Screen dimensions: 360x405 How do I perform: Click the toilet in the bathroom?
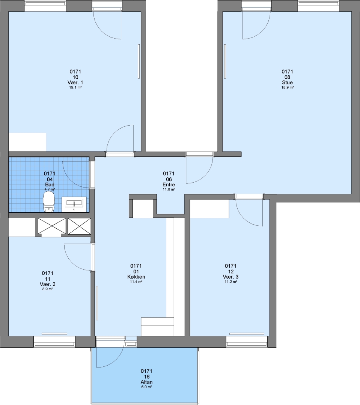(49, 202)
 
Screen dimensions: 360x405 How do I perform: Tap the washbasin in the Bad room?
(74, 204)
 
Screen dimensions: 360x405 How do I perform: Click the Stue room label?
(287, 82)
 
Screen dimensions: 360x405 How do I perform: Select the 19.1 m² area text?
(75, 87)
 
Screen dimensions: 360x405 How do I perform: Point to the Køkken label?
(136, 277)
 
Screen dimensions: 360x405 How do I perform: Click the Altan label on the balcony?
(147, 382)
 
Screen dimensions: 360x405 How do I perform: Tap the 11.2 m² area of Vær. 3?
(231, 282)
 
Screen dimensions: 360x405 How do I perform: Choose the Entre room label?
(169, 184)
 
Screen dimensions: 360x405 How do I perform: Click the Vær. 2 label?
(48, 284)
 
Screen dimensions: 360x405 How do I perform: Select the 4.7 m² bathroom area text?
(50, 189)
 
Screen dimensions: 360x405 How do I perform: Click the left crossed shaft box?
(52, 226)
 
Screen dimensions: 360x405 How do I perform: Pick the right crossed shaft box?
(80, 226)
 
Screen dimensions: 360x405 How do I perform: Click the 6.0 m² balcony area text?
(147, 387)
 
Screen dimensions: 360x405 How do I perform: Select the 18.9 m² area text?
(287, 87)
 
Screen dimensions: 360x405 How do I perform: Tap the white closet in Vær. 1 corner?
(27, 142)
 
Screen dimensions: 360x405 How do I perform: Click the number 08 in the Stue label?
(287, 77)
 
